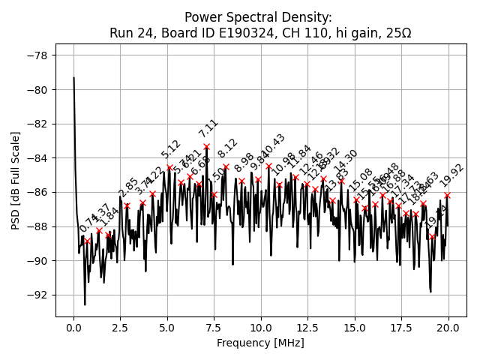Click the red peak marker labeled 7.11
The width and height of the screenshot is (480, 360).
click(x=207, y=146)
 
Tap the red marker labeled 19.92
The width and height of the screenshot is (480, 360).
click(x=448, y=195)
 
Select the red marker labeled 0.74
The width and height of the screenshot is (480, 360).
click(x=88, y=241)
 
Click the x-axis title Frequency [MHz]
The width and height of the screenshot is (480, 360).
click(x=261, y=343)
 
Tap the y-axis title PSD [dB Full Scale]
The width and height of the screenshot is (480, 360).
click(x=15, y=180)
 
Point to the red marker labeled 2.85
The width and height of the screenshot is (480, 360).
click(x=127, y=205)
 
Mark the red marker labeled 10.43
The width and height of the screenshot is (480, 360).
click(x=268, y=166)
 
